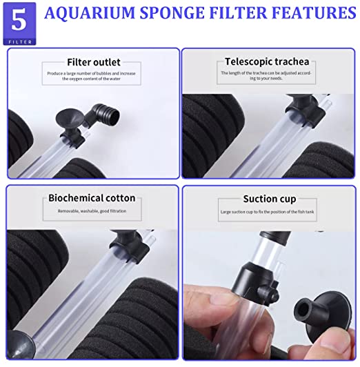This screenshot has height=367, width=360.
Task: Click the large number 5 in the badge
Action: point(19,21)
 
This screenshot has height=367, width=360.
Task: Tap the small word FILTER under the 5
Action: point(20,42)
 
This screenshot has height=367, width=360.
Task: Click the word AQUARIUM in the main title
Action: point(90,12)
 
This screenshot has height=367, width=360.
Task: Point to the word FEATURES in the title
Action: point(314,12)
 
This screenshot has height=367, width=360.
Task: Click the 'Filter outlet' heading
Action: point(94,62)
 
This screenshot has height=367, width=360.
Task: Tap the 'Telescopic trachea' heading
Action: point(267,61)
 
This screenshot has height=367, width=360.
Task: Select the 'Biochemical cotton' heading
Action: point(92,198)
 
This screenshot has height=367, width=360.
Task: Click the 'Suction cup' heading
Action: point(270,199)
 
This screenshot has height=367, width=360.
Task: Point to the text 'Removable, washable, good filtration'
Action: point(92,211)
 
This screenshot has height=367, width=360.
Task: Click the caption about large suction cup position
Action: point(267,212)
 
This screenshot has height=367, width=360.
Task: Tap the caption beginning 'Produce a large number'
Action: point(91,76)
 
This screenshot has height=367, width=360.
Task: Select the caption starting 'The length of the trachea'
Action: point(266,76)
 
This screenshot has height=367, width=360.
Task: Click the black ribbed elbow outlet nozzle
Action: point(103,115)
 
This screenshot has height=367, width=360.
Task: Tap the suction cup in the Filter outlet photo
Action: point(69,117)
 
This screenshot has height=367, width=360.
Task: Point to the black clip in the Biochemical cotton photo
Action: point(129,244)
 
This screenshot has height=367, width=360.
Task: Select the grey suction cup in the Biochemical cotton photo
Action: point(19,344)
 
